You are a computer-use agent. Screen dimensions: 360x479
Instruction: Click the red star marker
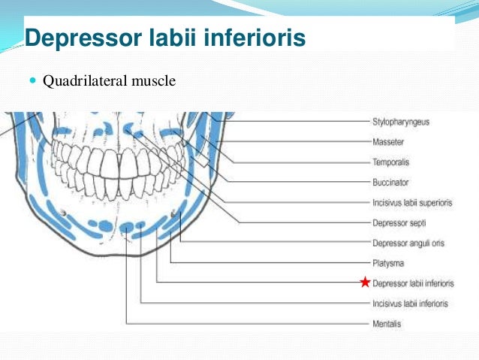(x=365, y=283)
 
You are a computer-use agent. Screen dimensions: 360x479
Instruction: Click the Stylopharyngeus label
(x=401, y=122)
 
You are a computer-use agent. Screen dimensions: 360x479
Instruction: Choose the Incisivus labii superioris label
(x=412, y=202)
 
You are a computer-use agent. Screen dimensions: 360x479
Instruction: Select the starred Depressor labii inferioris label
(x=413, y=283)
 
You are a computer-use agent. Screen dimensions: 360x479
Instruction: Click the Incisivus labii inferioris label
(x=410, y=304)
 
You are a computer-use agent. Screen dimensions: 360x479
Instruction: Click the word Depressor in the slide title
(x=80, y=37)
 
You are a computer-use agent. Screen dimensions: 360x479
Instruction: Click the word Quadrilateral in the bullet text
(x=79, y=79)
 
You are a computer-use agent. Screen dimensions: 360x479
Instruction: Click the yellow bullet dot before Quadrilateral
(x=32, y=80)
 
